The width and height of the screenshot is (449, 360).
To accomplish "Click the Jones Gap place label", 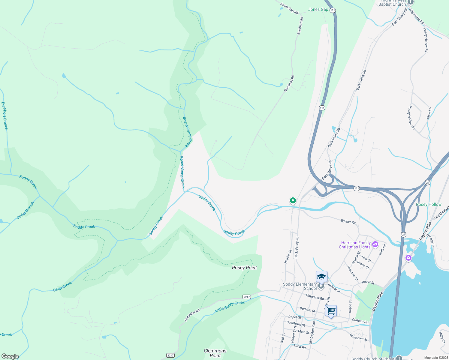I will point(318,10).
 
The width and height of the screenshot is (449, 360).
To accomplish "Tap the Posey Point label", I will point(244,268).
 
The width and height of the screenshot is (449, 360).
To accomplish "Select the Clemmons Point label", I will point(215,353).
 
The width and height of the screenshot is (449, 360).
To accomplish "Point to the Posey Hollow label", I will point(429,204).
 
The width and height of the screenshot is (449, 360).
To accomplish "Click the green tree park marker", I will point(293,200).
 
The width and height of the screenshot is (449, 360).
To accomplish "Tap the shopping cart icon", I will point(331,311).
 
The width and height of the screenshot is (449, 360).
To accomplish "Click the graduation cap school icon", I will point(321,277).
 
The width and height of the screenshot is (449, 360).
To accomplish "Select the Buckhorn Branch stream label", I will point(5,116).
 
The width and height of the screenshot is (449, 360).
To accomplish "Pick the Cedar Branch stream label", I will point(26,210).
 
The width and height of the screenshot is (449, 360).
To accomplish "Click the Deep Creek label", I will point(62,286).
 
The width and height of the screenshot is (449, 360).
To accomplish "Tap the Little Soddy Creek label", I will point(230,307).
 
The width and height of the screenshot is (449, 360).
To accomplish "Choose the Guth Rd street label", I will point(382,249).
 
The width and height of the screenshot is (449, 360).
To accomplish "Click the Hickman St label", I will point(352,273).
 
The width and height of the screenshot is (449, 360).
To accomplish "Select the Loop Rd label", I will point(300,346).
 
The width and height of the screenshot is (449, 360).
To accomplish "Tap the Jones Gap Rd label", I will point(289,8).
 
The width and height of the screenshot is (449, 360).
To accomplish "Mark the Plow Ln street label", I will point(429,113).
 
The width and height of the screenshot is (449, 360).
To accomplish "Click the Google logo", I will point(10,356).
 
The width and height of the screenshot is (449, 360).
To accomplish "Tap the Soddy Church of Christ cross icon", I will point(399,358).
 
